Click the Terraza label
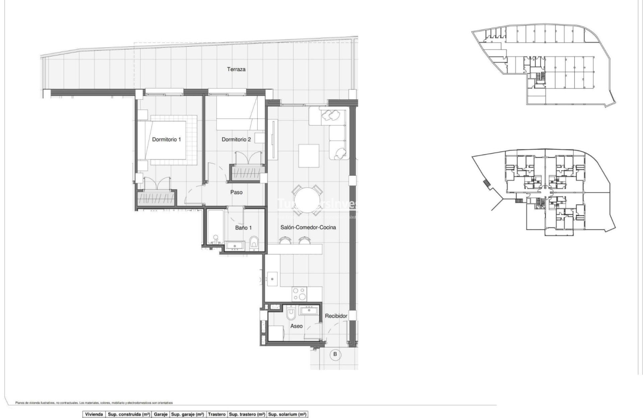pyautogui.click(x=236, y=70)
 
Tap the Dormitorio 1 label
pyautogui.click(x=166, y=140)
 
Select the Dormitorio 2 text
pyautogui.click(x=236, y=140)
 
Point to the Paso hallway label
pyautogui.click(x=236, y=192)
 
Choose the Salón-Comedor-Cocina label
pyautogui.click(x=308, y=227)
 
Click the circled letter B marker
pyautogui.click(x=334, y=354)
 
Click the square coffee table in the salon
pyautogui.click(x=309, y=155)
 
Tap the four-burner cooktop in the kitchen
pyautogui.click(x=299, y=294)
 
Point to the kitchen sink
pyautogui.click(x=272, y=280)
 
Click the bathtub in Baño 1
pyautogui.click(x=214, y=227)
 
